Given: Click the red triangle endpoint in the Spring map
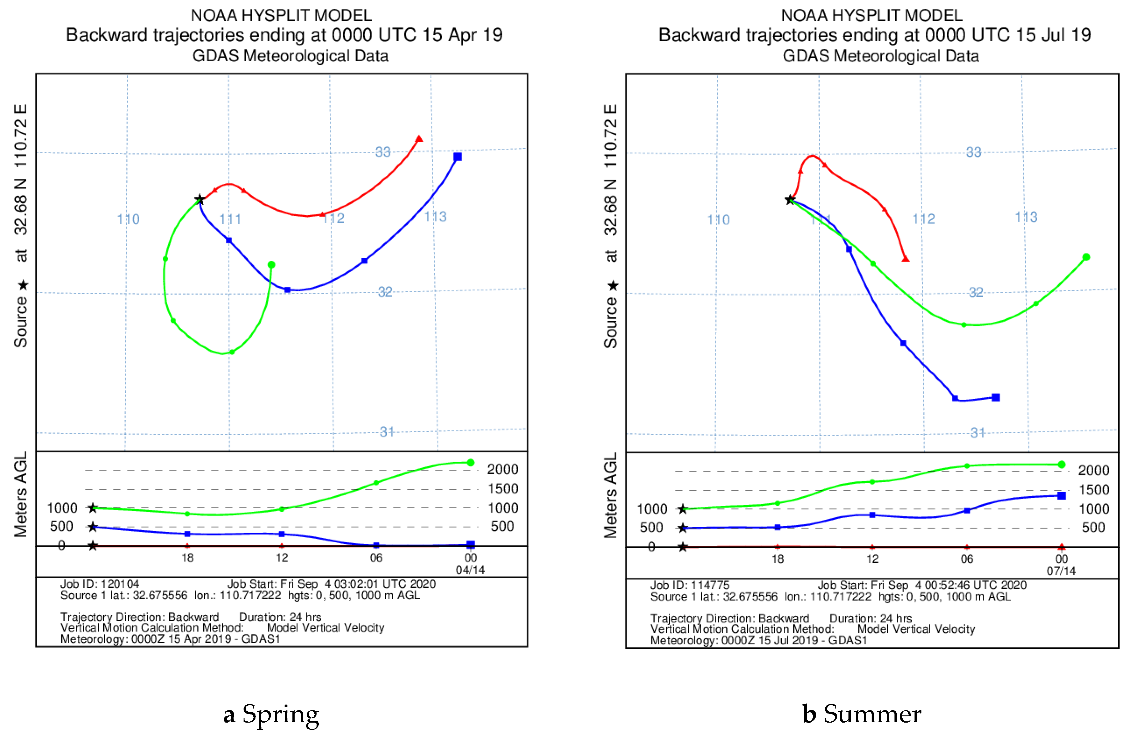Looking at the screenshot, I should coord(419,139).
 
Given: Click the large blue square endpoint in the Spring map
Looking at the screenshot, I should coord(457,157).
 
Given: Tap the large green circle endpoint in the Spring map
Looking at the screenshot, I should coord(271,265).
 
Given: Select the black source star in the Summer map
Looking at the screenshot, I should coord(790,200).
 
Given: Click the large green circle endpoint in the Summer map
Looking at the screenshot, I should coord(1086,257).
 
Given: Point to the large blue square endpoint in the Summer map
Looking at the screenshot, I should coord(996,397).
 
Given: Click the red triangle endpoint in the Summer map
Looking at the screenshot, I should coord(905,259).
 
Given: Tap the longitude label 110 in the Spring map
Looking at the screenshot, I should coord(128,220).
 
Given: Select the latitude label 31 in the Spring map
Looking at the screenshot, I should coord(387,432).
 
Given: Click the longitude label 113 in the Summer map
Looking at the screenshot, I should coord(1026,217).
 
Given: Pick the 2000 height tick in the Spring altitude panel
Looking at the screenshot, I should coord(502,470).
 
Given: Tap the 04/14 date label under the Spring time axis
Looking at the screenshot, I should coord(470,570).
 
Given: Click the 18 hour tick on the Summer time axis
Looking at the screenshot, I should coord(777,559).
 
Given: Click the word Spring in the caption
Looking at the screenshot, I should coord(281,714).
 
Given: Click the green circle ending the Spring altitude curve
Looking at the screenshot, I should coord(470,463).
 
